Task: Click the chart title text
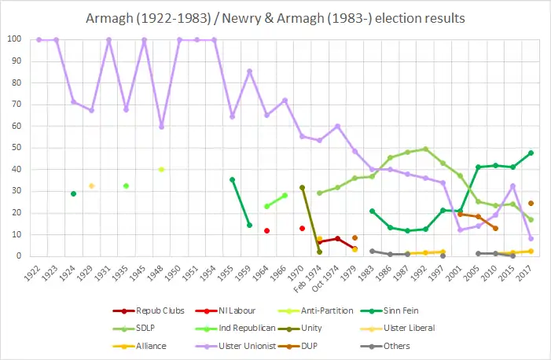274,17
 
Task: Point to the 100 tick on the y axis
15,39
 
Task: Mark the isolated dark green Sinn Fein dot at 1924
73,193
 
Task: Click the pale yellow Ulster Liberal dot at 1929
91,186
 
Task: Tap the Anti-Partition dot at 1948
161,169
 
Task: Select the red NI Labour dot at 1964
267,230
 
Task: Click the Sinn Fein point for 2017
531,152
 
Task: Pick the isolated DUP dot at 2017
531,203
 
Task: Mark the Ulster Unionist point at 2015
513,186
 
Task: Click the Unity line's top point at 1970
302,187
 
